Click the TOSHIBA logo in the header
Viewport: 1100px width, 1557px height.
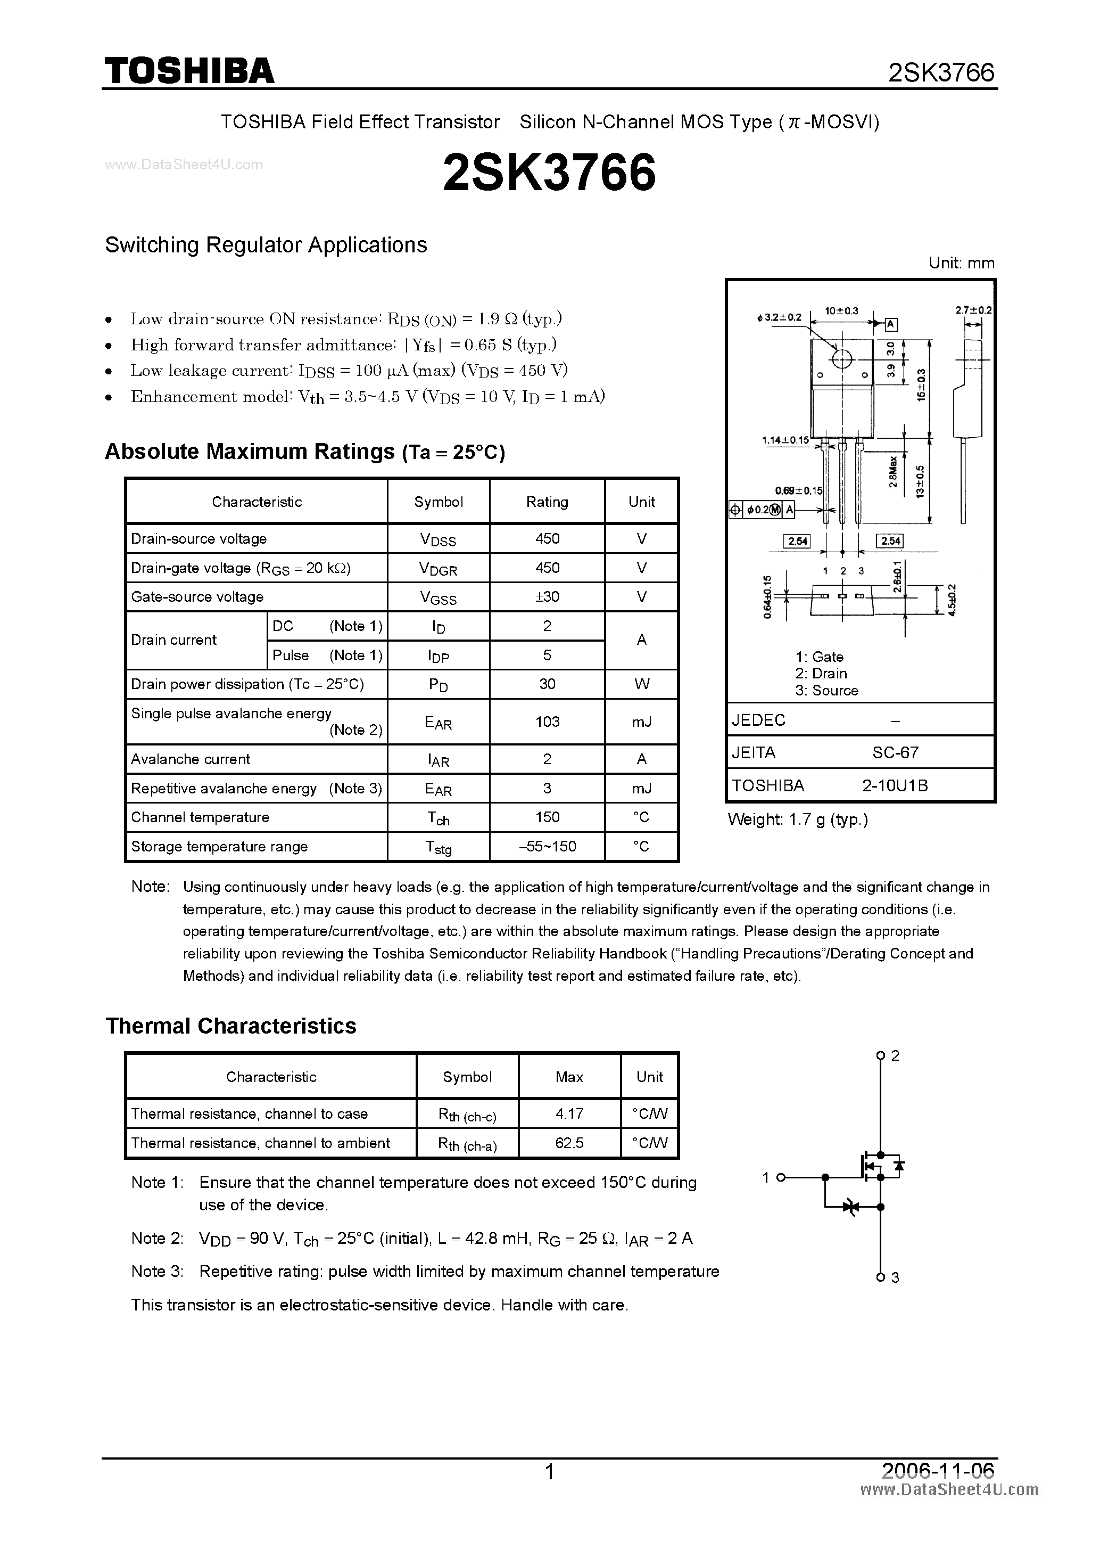(189, 70)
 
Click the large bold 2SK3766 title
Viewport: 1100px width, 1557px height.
(549, 172)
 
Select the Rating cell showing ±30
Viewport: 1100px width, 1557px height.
(547, 597)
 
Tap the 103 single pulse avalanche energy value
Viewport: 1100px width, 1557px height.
(547, 722)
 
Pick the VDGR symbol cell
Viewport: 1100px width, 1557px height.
(438, 568)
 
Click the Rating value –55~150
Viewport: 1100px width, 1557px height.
(547, 846)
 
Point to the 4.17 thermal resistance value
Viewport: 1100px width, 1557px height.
(569, 1113)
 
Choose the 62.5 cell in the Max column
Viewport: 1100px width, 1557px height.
(569, 1143)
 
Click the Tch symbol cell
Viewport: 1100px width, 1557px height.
(438, 818)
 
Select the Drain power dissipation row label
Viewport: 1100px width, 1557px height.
(247, 684)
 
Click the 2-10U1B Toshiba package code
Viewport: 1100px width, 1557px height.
(895, 785)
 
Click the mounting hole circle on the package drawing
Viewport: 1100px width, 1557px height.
(841, 359)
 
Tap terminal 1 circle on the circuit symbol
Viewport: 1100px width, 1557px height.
(780, 1177)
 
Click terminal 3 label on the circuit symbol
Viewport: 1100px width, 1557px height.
(895, 1277)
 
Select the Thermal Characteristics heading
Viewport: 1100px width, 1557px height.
(230, 1026)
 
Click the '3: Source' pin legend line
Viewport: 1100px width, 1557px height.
(827, 690)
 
